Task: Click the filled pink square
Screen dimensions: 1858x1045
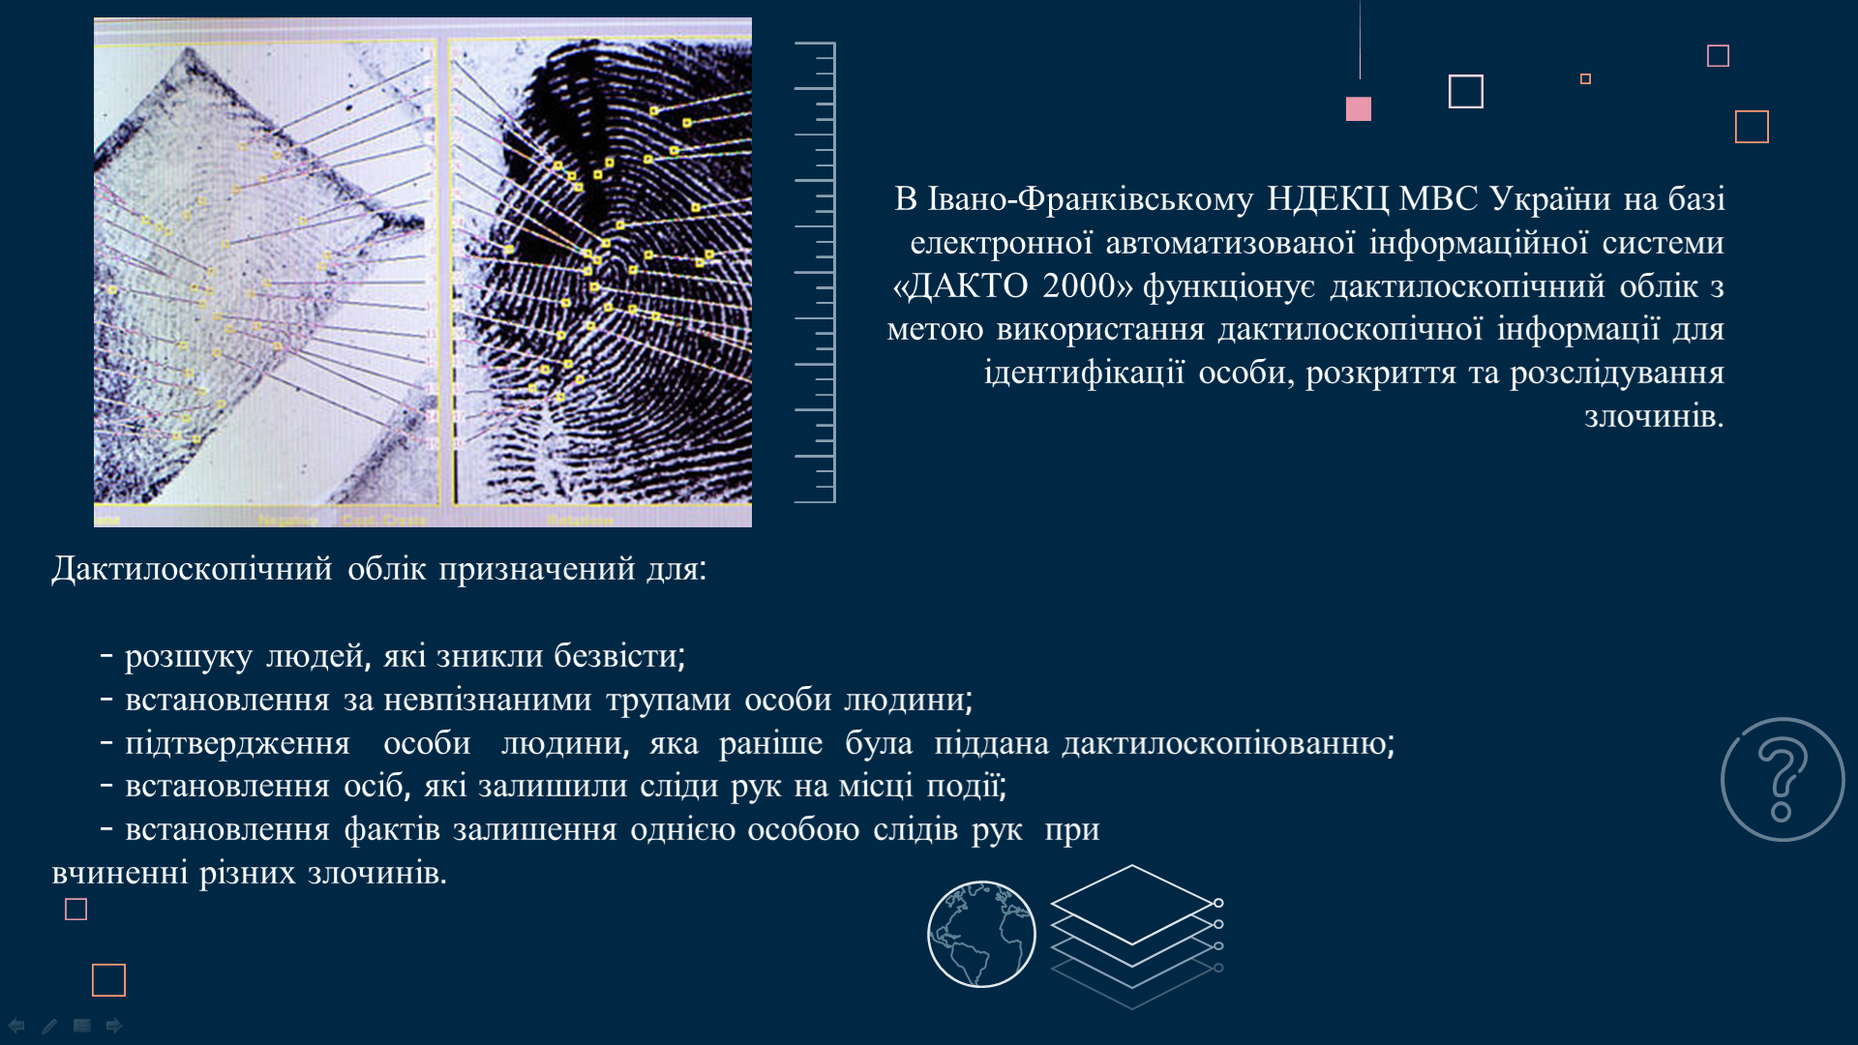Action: [1359, 108]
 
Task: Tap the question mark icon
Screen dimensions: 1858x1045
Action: [1783, 780]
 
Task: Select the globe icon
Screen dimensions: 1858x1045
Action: [981, 934]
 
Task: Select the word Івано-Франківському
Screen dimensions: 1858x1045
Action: [1090, 199]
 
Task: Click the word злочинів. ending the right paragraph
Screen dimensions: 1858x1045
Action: [1654, 416]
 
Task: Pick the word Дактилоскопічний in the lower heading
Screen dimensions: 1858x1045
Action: [192, 569]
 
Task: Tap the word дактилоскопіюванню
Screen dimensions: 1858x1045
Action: [1228, 743]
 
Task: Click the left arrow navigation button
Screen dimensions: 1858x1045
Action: [16, 1026]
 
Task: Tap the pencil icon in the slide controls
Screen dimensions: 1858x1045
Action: [49, 1026]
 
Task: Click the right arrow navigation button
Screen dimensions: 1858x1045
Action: [114, 1026]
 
